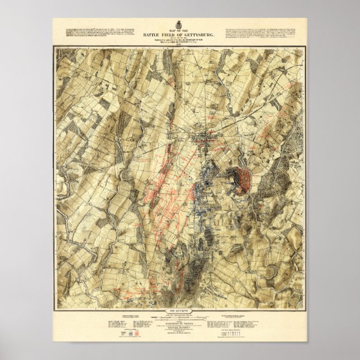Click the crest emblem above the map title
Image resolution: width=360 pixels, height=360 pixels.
pos(181,26)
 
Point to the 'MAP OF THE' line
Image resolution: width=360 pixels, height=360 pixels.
pos(180,31)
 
